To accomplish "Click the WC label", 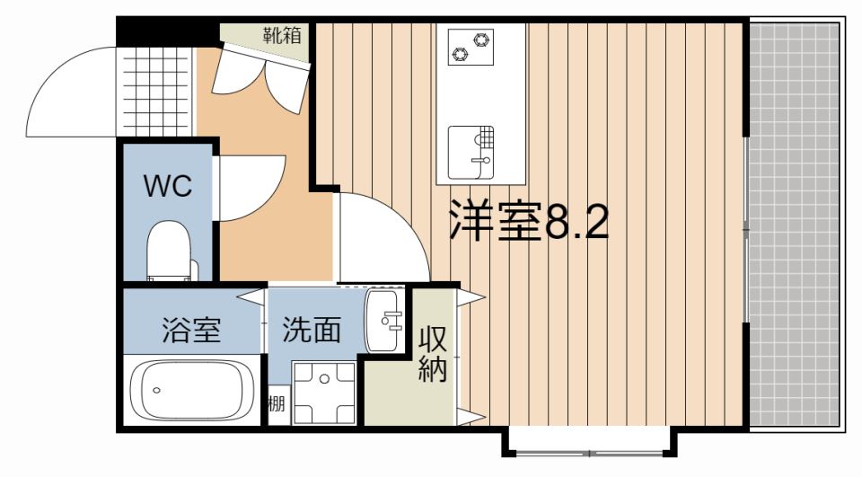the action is point(168,186).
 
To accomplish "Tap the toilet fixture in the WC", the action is point(168,252).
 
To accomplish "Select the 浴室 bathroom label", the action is point(191,330).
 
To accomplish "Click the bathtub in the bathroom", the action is point(191,391).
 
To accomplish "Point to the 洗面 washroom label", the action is point(312,330).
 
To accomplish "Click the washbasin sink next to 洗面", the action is point(383,321).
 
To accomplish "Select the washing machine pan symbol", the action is point(324,393).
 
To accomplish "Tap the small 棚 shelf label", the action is point(277,404).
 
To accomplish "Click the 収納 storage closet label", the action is point(433,355).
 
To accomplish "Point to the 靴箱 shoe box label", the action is point(282,36).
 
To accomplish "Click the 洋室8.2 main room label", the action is point(529,220).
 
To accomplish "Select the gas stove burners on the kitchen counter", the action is point(471,47).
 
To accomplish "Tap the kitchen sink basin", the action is point(471,153).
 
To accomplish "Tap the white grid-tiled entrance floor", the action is point(154,92).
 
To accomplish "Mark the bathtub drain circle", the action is point(156,391).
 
